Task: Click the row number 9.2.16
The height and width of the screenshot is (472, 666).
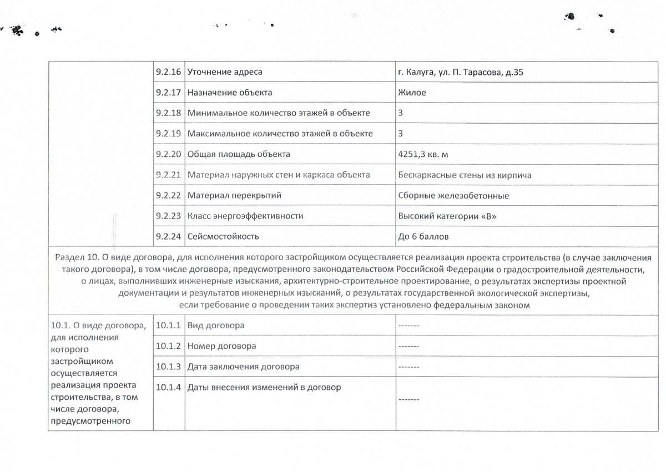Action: (168, 72)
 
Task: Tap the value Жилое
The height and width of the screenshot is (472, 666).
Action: (412, 93)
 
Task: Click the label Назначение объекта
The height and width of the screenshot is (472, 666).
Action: (230, 93)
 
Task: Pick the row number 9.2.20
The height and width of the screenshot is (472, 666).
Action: (168, 154)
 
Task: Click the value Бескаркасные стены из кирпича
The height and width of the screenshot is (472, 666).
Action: (465, 175)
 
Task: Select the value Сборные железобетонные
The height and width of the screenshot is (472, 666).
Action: (453, 196)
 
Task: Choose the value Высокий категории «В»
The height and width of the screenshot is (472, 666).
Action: (447, 216)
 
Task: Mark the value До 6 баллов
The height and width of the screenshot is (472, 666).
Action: (423, 237)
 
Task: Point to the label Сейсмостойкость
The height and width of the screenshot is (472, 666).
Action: (223, 237)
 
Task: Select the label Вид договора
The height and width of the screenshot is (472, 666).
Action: (216, 325)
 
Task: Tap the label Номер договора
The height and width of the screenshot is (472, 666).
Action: (221, 346)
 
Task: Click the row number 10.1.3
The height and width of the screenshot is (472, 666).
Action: (168, 367)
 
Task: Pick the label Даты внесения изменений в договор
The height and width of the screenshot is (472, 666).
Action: (264, 387)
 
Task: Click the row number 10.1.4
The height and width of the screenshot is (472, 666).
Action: (168, 387)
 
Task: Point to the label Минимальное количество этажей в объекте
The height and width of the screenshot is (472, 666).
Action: (279, 113)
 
